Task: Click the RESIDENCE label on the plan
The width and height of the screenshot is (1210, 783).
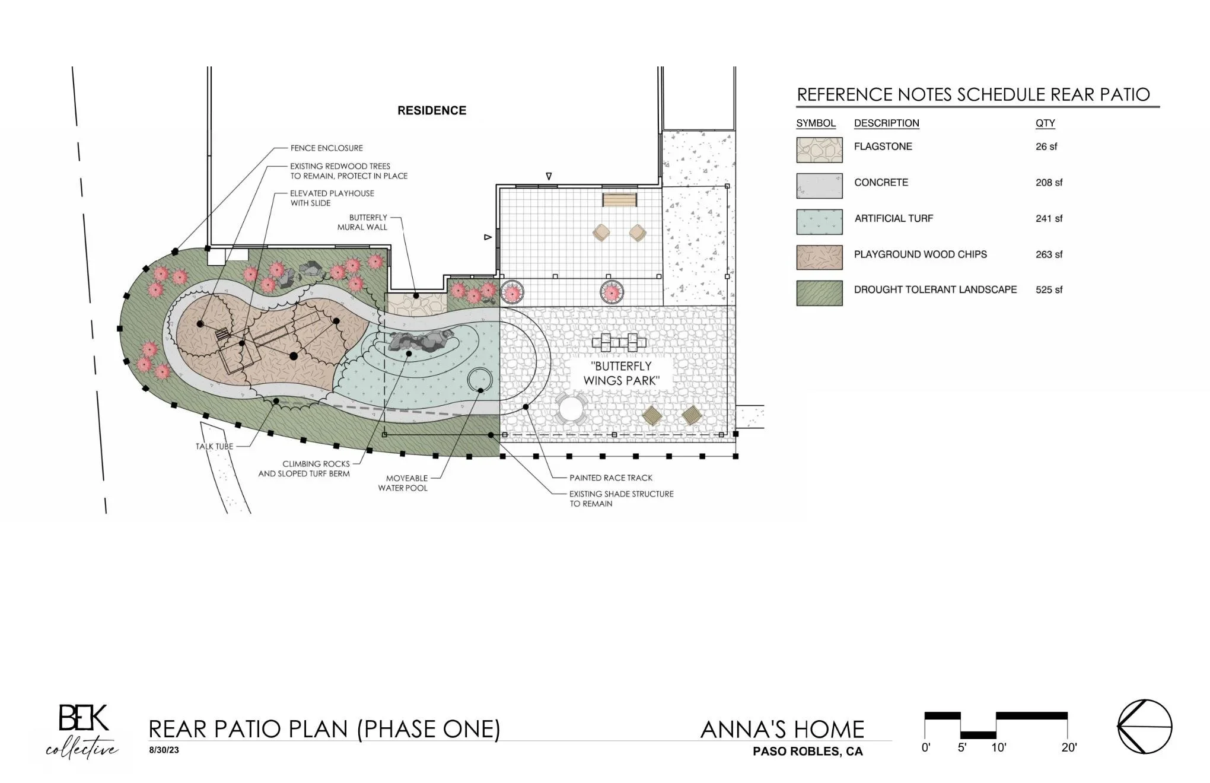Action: (432, 110)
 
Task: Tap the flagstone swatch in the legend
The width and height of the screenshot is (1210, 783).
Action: (819, 150)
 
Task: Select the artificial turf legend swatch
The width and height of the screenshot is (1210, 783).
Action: (819, 222)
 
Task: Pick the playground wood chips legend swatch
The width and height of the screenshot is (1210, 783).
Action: (819, 257)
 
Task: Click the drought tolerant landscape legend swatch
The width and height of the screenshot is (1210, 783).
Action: (819, 293)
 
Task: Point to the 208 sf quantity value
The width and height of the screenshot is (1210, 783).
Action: (1049, 183)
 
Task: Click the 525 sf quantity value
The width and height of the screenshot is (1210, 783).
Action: (1049, 290)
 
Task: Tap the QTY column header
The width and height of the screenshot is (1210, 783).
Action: (1045, 123)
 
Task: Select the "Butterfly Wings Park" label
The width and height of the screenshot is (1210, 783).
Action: (621, 373)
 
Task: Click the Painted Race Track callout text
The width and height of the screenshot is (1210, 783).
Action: (611, 478)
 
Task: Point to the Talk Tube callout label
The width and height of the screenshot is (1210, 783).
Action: (214, 446)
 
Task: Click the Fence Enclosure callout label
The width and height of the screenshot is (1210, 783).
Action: (326, 148)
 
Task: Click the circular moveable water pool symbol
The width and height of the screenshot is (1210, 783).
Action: (480, 380)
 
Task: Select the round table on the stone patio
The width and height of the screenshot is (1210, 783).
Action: (571, 409)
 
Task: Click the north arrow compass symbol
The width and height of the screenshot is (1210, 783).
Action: (1145, 727)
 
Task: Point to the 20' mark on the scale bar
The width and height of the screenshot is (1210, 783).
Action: (1069, 747)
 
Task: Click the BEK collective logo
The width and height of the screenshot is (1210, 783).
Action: (82, 731)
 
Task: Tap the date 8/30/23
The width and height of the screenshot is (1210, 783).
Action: (164, 750)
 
